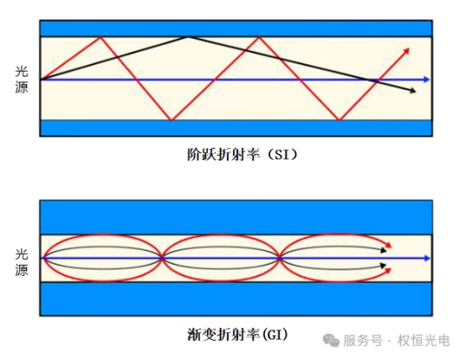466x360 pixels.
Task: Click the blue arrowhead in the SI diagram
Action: point(426,79)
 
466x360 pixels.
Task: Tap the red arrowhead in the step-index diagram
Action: point(406,50)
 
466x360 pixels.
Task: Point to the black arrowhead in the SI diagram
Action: point(413,91)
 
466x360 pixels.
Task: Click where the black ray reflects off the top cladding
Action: point(188,36)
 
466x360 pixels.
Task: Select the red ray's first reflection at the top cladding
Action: point(101,36)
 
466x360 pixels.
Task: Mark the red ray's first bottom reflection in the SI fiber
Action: point(171,119)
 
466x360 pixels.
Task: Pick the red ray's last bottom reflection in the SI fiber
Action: point(339,119)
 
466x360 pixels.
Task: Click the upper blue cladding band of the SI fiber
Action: point(236,29)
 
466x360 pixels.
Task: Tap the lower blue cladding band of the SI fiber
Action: point(236,128)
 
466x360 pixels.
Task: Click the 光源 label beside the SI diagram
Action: point(21,79)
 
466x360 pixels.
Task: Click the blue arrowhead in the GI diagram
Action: point(427,258)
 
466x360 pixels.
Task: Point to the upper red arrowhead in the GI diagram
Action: point(389,245)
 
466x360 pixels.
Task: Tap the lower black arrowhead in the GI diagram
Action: point(384,265)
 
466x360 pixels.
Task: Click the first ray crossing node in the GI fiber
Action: point(162,258)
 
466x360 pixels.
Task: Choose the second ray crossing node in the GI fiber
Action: point(279,258)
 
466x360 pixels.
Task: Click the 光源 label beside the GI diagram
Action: point(21,262)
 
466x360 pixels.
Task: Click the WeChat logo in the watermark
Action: point(331,340)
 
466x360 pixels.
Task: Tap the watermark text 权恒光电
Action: point(424,341)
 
